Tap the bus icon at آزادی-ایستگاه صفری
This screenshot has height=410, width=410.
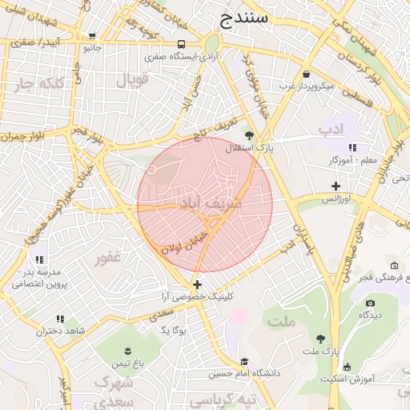[181, 45]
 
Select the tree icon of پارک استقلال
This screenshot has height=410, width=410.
[249, 135]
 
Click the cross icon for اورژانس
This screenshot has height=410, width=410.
[336, 186]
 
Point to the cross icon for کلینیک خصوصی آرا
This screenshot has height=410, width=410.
[197, 284]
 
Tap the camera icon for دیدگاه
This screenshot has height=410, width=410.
[370, 303]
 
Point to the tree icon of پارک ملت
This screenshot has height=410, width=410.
[321, 339]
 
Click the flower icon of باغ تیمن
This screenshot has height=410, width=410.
[129, 351]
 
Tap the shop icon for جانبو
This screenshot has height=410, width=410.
[93, 36]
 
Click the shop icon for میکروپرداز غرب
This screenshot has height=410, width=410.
[307, 74]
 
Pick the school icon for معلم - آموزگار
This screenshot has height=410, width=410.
[353, 147]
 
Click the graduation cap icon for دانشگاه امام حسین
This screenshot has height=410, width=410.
[244, 361]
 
